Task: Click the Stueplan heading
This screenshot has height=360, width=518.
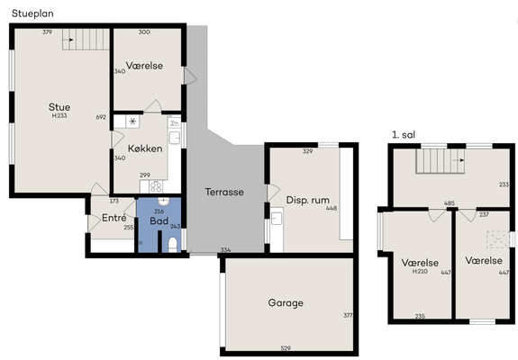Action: pos(32,13)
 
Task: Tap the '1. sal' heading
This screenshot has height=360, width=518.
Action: pos(404,135)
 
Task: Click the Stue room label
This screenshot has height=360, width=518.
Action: pos(59,107)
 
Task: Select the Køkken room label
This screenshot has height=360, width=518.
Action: pos(145,148)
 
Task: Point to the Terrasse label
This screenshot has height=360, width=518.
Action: pos(224,192)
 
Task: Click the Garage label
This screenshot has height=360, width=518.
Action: pos(286,303)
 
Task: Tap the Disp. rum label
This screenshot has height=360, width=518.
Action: pos(307,200)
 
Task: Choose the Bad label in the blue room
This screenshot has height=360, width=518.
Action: pos(159,220)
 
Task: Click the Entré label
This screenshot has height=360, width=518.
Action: pos(114,218)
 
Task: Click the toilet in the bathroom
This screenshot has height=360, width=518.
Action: pos(173,245)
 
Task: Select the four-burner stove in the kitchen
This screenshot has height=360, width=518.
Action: pos(156,187)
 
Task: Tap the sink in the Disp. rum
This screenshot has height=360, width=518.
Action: pos(277,219)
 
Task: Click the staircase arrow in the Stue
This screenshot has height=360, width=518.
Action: pos(68,40)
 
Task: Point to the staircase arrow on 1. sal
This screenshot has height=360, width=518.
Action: pos(459,160)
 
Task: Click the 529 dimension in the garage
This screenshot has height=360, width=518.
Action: pos(286,347)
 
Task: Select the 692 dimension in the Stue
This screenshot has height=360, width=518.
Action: pos(101,117)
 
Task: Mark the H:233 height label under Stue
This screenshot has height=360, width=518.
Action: pos(59,116)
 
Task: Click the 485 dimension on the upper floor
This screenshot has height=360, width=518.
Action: pos(450,203)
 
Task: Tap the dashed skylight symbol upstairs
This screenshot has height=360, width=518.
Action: pos(497,239)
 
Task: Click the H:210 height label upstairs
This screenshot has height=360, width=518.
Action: pos(420,271)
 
